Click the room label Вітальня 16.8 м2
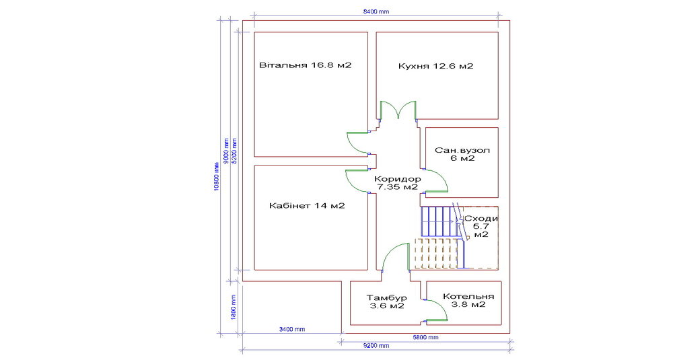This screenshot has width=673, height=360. pyautogui.click(x=306, y=66)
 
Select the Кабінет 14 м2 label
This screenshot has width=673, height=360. pyautogui.click(x=306, y=205)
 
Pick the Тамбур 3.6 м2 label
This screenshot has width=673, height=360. pyautogui.click(x=386, y=301)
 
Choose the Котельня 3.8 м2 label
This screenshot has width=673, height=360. pyautogui.click(x=468, y=300)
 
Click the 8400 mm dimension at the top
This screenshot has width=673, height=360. pyautogui.click(x=376, y=12)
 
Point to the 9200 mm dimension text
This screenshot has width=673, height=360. pyautogui.click(x=376, y=346)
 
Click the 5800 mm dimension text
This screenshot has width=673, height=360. pyautogui.click(x=425, y=337)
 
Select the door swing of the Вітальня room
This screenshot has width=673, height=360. pyautogui.click(x=357, y=141)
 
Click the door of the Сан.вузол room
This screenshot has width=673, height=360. pyautogui.click(x=437, y=180)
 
